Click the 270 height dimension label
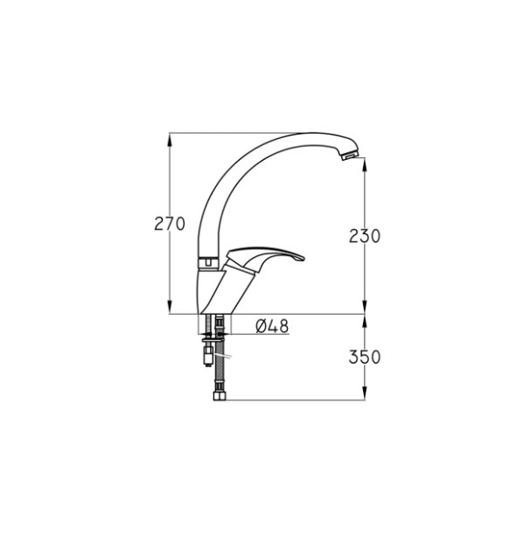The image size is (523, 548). (170, 224)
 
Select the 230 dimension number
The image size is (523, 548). (365, 236)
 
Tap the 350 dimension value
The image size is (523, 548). (365, 357)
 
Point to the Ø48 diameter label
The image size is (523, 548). (272, 326)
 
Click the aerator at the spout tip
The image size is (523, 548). (350, 156)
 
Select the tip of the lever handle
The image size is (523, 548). (303, 259)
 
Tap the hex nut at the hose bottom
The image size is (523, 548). (220, 396)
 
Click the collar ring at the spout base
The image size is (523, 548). (208, 262)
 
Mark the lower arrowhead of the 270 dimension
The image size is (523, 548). (170, 307)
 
